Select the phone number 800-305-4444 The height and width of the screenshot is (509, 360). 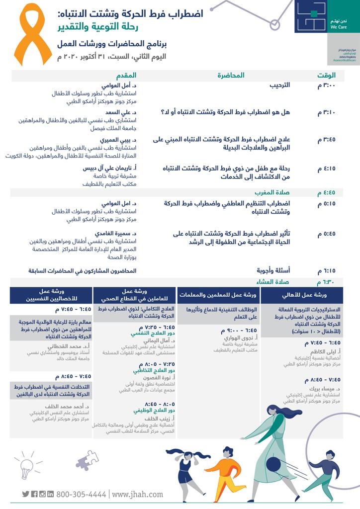click(x=81, y=494)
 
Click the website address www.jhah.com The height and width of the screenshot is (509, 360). click(x=138, y=494)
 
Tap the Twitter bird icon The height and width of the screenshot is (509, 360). click(x=26, y=494)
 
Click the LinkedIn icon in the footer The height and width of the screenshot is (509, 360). click(x=50, y=494)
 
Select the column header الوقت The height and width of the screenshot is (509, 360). click(x=327, y=76)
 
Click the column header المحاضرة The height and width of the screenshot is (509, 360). click(x=231, y=76)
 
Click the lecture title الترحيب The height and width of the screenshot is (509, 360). click(x=279, y=85)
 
